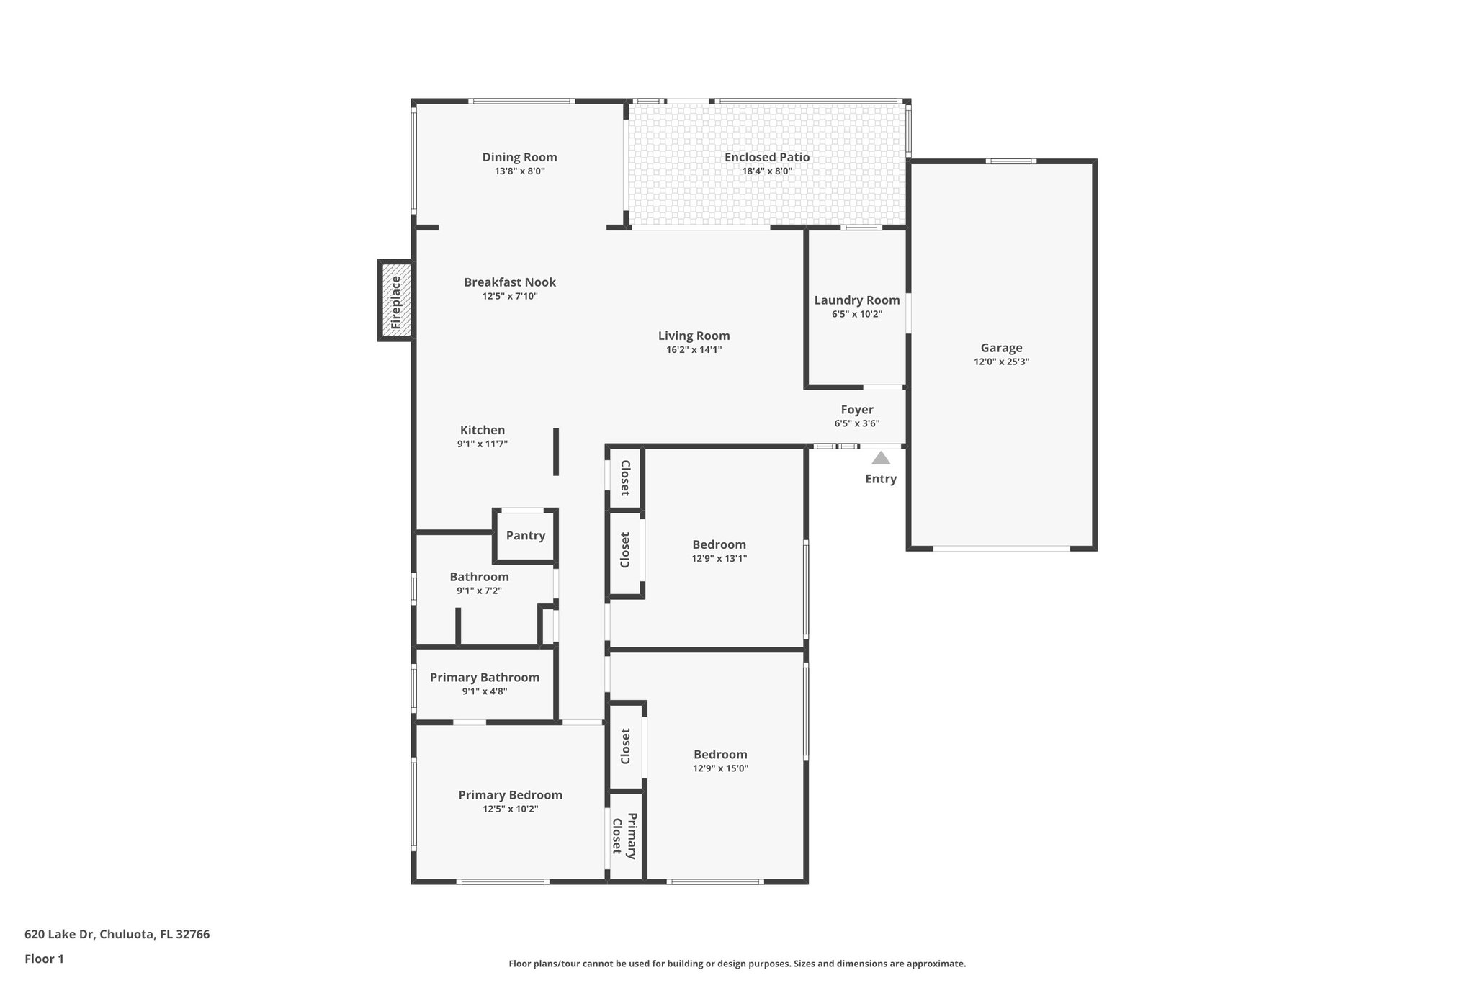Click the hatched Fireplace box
(396, 300)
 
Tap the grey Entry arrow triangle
(881, 458)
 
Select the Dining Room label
(519, 157)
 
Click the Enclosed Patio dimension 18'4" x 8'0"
(767, 171)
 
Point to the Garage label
(1001, 348)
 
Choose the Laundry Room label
(856, 300)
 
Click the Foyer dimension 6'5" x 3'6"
(856, 423)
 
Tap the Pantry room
(525, 536)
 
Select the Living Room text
(694, 336)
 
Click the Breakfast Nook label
(510, 282)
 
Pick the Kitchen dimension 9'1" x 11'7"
(483, 444)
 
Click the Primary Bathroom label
(484, 678)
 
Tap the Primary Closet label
(624, 835)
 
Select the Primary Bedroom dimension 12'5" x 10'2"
(510, 809)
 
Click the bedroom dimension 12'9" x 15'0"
(720, 768)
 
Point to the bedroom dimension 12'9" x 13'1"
(719, 558)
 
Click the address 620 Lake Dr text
(117, 934)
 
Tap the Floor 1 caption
(44, 959)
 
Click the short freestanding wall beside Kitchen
(556, 452)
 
